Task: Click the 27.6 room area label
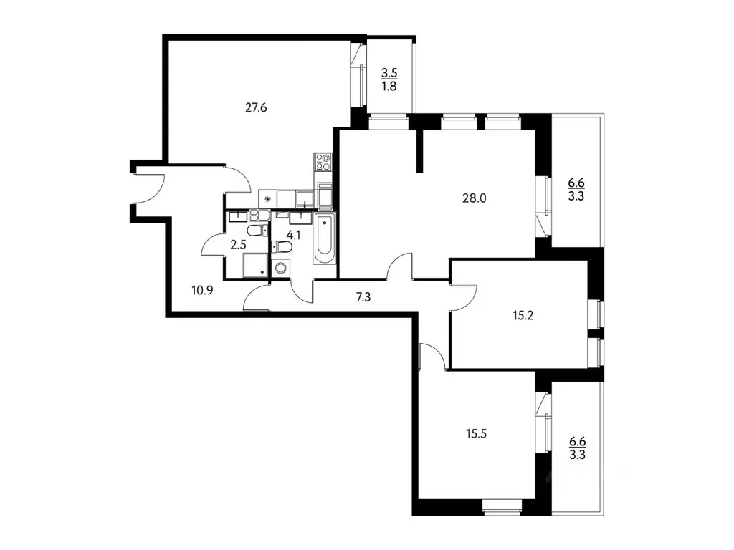(257, 108)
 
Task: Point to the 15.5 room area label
(476, 433)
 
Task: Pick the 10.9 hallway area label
(204, 289)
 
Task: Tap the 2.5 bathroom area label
(238, 244)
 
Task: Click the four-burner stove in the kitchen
(323, 163)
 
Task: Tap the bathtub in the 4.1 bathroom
(324, 238)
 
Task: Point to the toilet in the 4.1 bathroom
(284, 247)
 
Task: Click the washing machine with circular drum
(281, 269)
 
